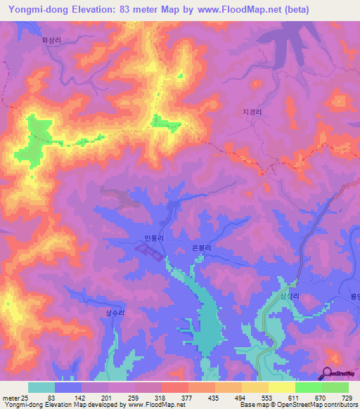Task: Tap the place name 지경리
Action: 251,112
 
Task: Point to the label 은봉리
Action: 201,248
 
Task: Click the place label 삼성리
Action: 290,297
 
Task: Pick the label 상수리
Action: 114,313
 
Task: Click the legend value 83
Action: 51,398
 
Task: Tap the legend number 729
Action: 346,398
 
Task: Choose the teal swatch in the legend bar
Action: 41,387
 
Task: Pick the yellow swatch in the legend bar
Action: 281,387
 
